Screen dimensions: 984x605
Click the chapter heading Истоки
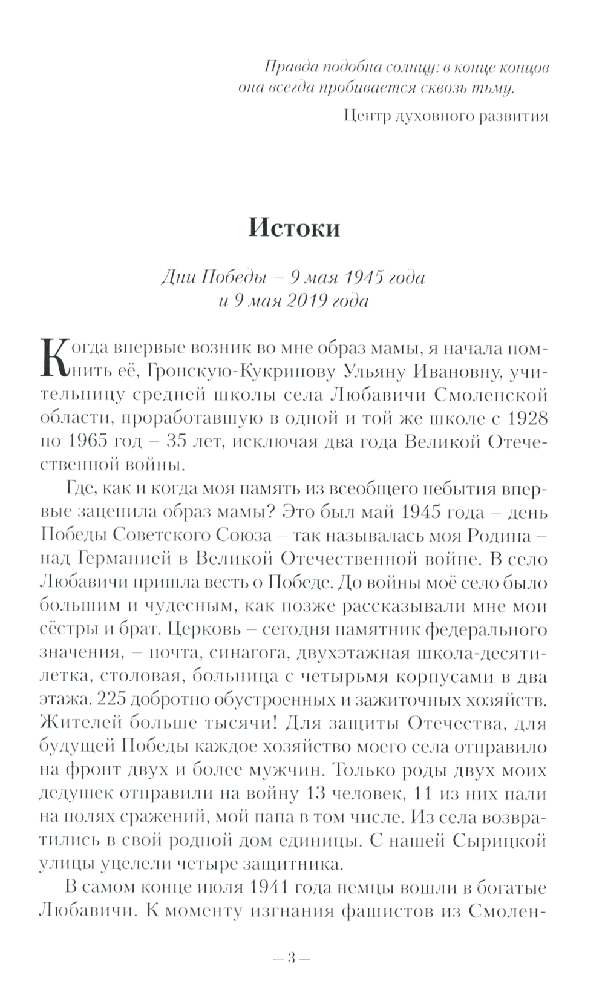(x=294, y=228)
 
